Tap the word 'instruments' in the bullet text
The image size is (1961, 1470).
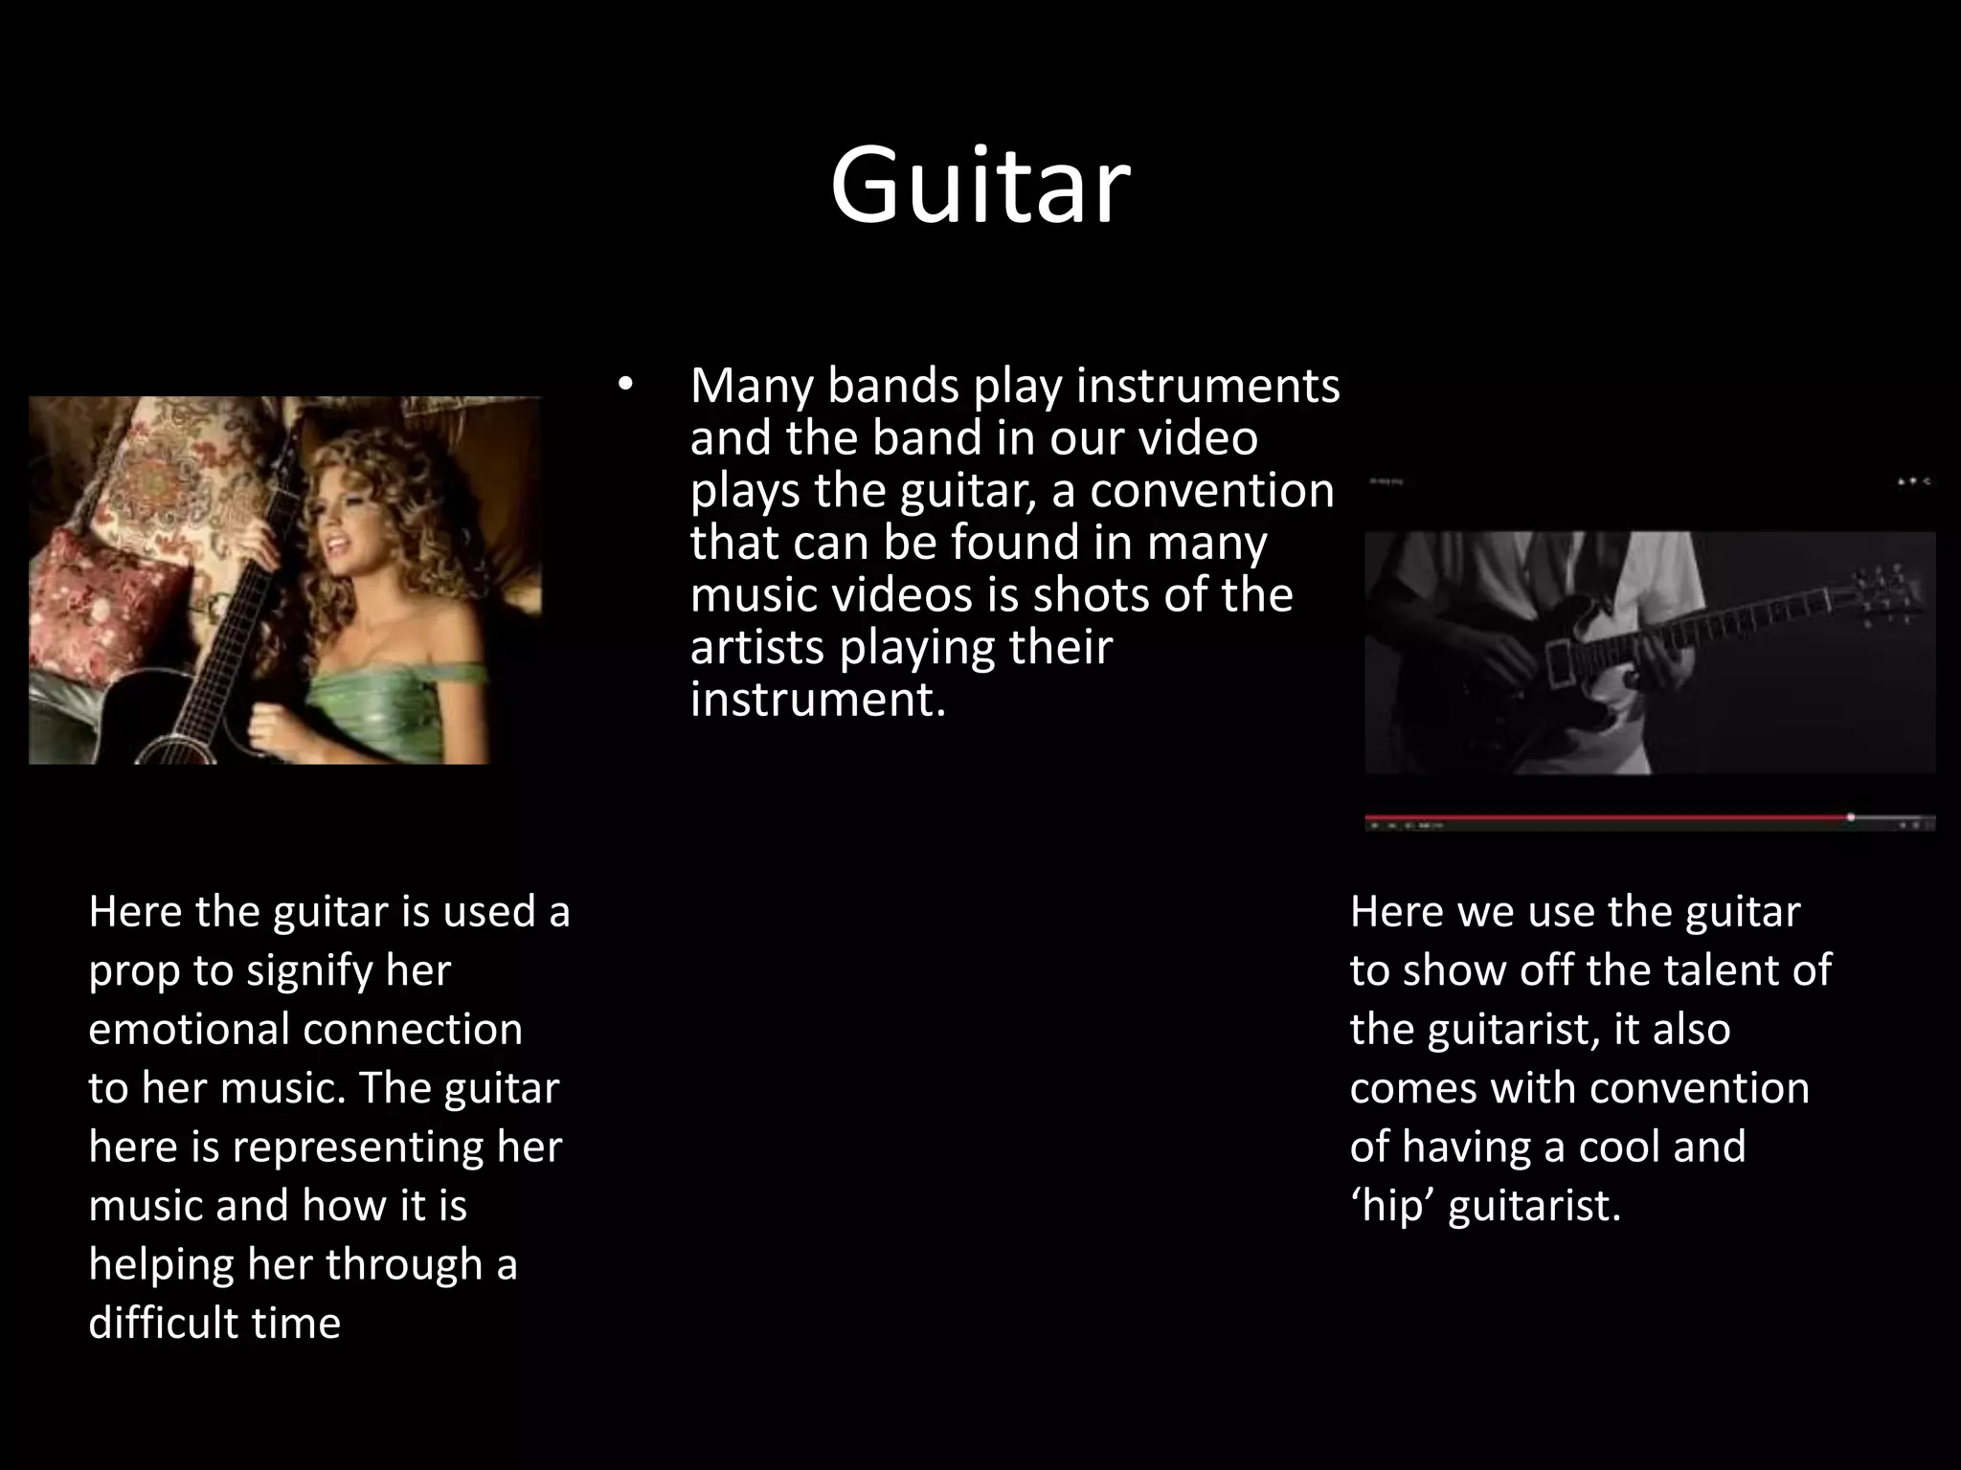click(1207, 386)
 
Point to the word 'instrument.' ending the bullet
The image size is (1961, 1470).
click(818, 700)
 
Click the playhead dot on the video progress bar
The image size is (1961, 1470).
click(1851, 817)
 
